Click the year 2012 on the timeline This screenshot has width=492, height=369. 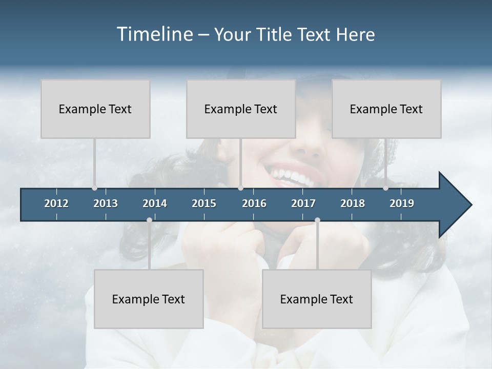(x=56, y=203)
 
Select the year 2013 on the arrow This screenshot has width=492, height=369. (x=106, y=203)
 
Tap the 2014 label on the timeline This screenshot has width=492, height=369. (x=155, y=203)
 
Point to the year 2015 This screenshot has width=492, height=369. (x=204, y=203)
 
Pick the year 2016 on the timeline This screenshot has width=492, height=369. (x=254, y=203)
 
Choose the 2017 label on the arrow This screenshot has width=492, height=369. (x=303, y=203)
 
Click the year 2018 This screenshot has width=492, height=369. (x=353, y=203)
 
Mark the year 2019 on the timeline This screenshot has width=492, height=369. (x=402, y=203)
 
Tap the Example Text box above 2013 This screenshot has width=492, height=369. (x=95, y=109)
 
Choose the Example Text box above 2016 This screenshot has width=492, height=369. (x=241, y=109)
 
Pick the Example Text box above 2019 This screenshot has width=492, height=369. (x=386, y=109)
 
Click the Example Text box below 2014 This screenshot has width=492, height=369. (x=149, y=299)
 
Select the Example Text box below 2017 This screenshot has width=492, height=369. (x=317, y=299)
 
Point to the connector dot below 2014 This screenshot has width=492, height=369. (x=149, y=220)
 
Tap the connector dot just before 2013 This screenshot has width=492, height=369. (x=94, y=188)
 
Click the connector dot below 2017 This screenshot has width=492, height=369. (x=317, y=220)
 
